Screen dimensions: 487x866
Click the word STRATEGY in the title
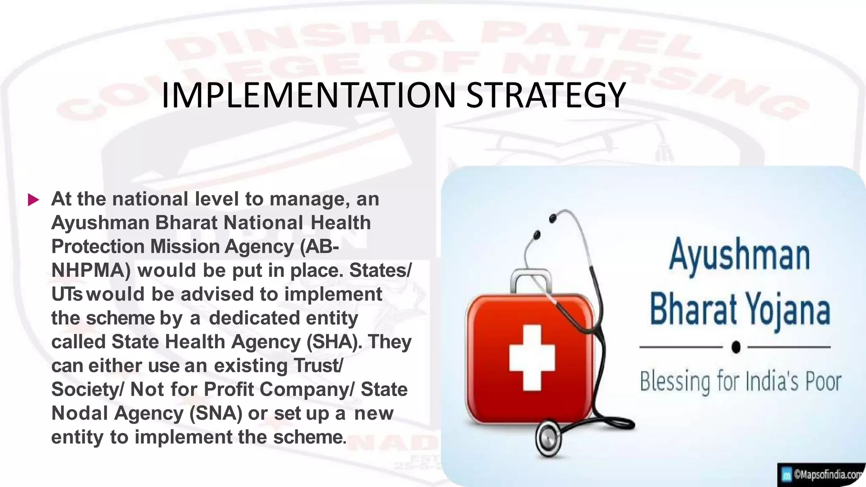click(x=545, y=96)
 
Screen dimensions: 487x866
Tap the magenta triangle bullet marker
click(x=33, y=200)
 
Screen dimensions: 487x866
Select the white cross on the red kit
click(x=532, y=357)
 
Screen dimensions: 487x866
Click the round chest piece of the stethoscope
click(x=548, y=438)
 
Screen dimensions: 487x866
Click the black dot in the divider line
click(x=736, y=347)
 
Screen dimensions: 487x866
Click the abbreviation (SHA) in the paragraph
click(x=334, y=342)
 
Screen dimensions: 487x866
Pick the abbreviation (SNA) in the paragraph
click(x=216, y=413)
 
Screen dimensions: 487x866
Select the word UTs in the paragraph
click(x=66, y=294)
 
